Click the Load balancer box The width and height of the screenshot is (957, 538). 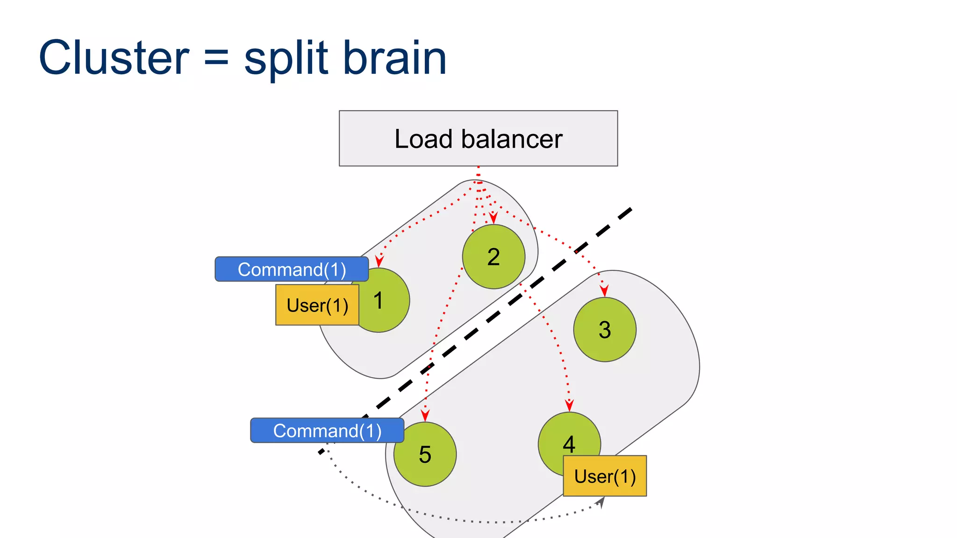pyautogui.click(x=478, y=138)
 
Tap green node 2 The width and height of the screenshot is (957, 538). pyautogui.click(x=493, y=257)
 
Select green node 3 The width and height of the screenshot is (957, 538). pyautogui.click(x=605, y=330)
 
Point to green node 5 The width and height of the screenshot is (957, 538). pyautogui.click(x=425, y=454)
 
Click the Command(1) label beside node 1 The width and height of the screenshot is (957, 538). pyautogui.click(x=292, y=269)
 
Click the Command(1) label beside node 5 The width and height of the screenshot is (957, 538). pyautogui.click(x=327, y=431)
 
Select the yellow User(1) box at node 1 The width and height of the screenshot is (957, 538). pyautogui.click(x=317, y=305)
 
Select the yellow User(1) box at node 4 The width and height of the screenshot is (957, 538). pyautogui.click(x=605, y=476)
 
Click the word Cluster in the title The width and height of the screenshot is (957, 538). pyautogui.click(x=114, y=58)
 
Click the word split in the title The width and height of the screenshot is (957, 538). pyautogui.click(x=286, y=59)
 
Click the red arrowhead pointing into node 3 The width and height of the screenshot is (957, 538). pyautogui.click(x=604, y=291)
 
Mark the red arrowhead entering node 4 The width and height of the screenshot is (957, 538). pyautogui.click(x=569, y=405)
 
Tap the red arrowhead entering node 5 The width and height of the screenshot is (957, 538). pyautogui.click(x=425, y=415)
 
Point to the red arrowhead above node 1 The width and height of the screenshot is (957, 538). pyautogui.click(x=379, y=261)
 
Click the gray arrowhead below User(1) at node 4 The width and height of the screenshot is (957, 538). pyautogui.click(x=601, y=502)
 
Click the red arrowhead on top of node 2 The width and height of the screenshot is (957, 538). pyautogui.click(x=493, y=218)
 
